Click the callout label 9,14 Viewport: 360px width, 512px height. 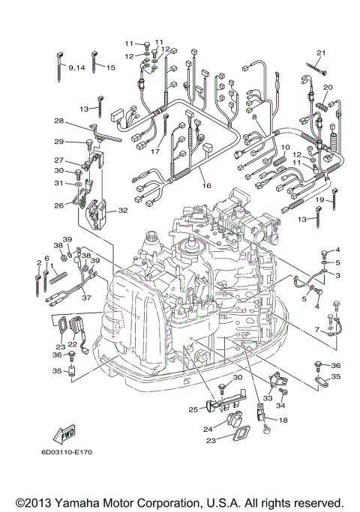click(76, 67)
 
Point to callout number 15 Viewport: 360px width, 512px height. click(110, 67)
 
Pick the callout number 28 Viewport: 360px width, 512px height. click(58, 121)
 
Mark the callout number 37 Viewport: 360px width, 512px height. click(88, 297)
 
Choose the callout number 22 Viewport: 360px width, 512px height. click(73, 345)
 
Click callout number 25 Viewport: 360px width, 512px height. click(193, 409)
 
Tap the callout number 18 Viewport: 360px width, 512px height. click(283, 421)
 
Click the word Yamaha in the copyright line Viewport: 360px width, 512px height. click(105, 502)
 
